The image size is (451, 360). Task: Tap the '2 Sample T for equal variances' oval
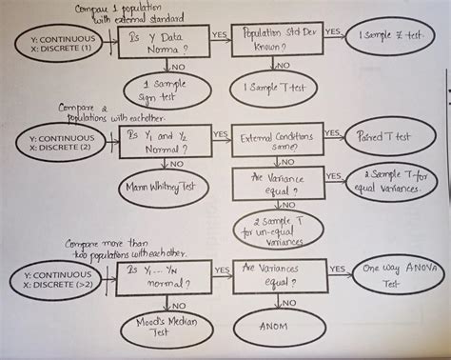(x=393, y=181)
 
